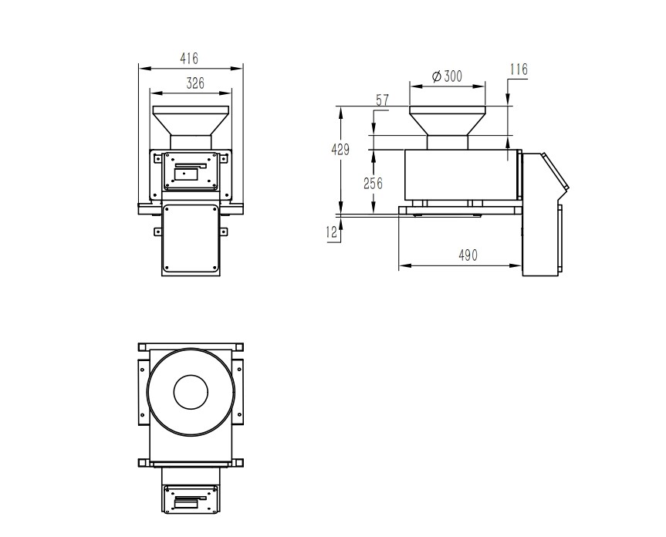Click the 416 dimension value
pyautogui.click(x=189, y=58)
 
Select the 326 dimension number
pyautogui.click(x=195, y=83)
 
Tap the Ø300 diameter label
pyautogui.click(x=447, y=76)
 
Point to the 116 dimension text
pyautogui.click(x=519, y=69)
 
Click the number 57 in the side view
pyautogui.click(x=382, y=100)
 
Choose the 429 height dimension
pyautogui.click(x=340, y=150)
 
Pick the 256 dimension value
pyautogui.click(x=373, y=184)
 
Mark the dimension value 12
pyautogui.click(x=331, y=231)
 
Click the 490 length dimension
pyautogui.click(x=468, y=255)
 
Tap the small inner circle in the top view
pyautogui.click(x=191, y=376)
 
